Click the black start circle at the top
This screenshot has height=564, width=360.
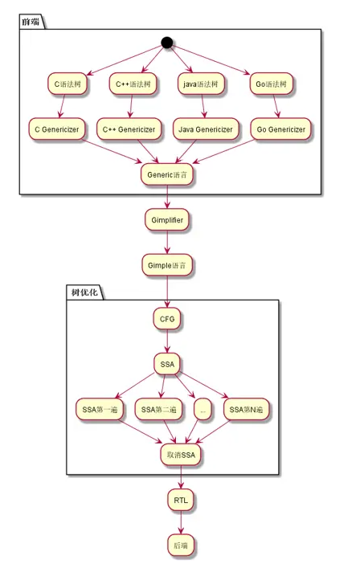pyautogui.click(x=167, y=43)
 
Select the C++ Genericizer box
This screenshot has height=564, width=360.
pyautogui.click(x=130, y=129)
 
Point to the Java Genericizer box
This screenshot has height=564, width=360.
pyautogui.click(x=206, y=129)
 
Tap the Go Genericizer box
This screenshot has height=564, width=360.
pyautogui.click(x=280, y=129)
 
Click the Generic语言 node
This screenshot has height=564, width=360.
pyautogui.click(x=167, y=174)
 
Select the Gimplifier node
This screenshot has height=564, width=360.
pyautogui.click(x=167, y=219)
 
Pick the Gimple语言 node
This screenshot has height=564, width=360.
pyautogui.click(x=167, y=265)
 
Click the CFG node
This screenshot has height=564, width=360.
pyautogui.click(x=167, y=319)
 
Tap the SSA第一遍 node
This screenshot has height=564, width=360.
pyautogui.click(x=101, y=409)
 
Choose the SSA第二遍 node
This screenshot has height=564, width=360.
pyautogui.click(x=159, y=409)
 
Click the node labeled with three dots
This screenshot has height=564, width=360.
pyautogui.click(x=202, y=409)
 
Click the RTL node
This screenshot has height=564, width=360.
pyautogui.click(x=181, y=501)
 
